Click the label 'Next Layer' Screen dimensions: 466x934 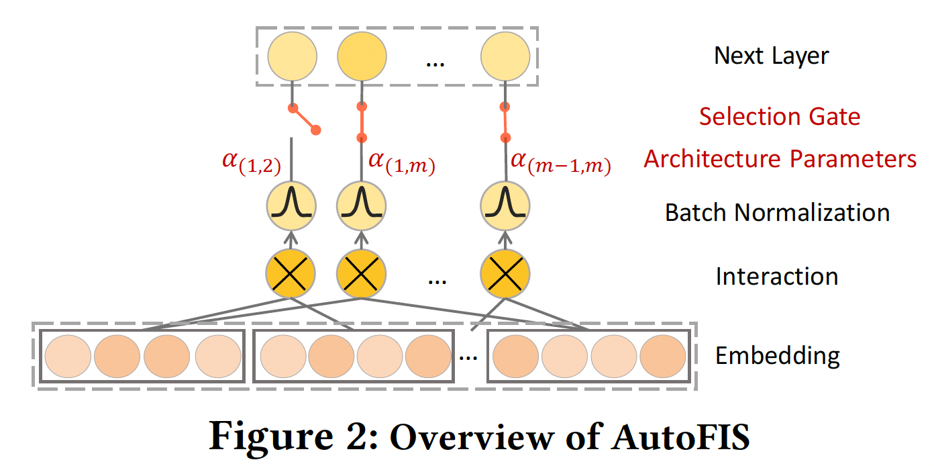[771, 56]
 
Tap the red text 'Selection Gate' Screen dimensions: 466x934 [779, 117]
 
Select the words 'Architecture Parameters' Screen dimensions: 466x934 [780, 159]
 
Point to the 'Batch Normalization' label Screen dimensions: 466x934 [777, 213]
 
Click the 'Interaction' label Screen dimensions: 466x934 [776, 277]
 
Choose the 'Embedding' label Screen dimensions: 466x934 [777, 355]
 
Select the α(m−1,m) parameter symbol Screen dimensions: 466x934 [561, 163]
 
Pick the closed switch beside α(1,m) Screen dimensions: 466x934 [362, 122]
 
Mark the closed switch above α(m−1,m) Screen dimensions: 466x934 [505, 122]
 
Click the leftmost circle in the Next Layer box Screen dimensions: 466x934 [292, 56]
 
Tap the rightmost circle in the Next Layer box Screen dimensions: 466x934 [505, 56]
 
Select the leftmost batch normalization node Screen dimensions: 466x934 [291, 207]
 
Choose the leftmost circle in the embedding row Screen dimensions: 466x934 [68, 355]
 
